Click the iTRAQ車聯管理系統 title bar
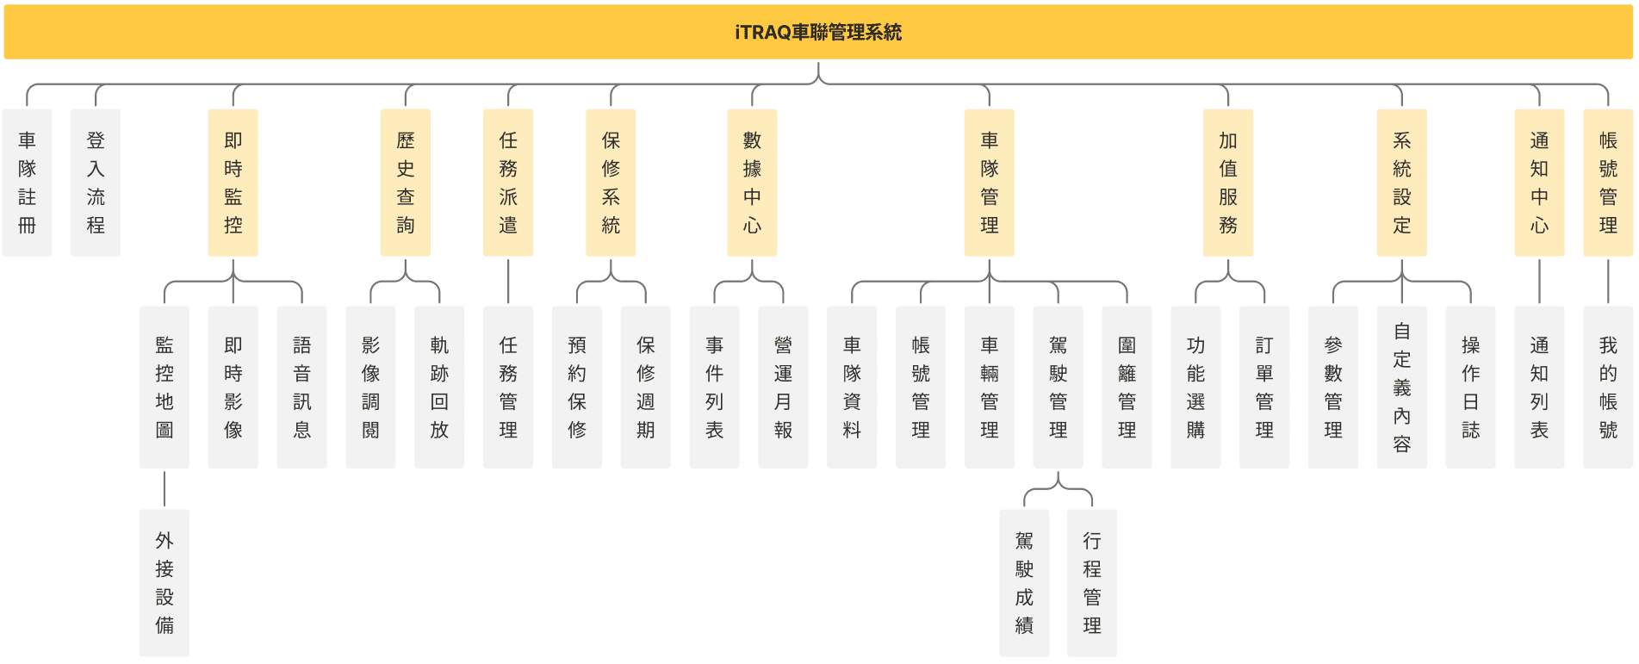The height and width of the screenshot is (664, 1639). click(818, 32)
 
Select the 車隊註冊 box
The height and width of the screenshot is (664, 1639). click(27, 183)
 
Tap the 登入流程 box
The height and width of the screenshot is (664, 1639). click(96, 183)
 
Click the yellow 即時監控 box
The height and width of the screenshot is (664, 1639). click(233, 183)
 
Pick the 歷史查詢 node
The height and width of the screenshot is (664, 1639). click(405, 183)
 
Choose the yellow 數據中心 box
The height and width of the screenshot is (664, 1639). click(752, 183)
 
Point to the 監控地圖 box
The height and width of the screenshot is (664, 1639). click(165, 388)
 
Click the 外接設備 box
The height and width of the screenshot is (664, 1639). click(165, 583)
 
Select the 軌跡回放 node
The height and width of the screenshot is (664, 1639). click(439, 388)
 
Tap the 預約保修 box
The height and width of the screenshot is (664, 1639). click(577, 388)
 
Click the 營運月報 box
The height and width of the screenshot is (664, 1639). click(783, 388)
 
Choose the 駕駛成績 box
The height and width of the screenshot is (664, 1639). click(1024, 583)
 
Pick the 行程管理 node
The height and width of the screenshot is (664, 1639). click(1092, 583)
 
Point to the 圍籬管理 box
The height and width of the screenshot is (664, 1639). click(1127, 388)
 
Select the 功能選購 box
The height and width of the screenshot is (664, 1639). click(1195, 388)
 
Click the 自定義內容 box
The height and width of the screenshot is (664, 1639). click(1401, 388)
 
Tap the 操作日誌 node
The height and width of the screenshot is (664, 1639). click(1470, 388)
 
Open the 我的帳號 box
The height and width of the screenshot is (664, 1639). click(1608, 388)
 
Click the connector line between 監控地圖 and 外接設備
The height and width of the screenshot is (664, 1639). click(165, 489)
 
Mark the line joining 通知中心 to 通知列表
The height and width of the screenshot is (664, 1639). click(1539, 281)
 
